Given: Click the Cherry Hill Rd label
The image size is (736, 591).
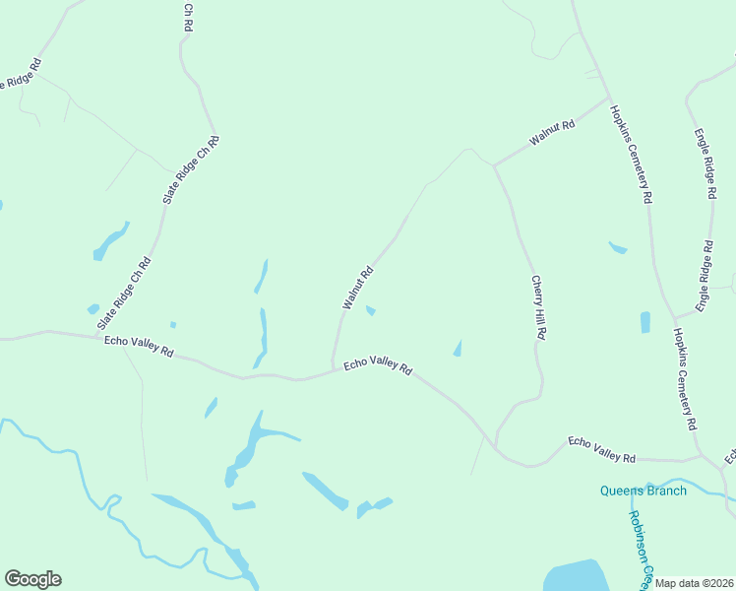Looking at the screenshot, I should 538,307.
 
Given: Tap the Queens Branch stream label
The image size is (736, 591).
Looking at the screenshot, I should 644,491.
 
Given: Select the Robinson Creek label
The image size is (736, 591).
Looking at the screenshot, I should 642,548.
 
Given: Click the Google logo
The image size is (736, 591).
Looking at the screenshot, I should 32,579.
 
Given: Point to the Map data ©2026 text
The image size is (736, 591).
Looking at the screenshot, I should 694,583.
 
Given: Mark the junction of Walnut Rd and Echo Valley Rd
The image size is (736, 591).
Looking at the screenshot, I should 332,371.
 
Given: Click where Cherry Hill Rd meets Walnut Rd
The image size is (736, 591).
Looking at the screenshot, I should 494,165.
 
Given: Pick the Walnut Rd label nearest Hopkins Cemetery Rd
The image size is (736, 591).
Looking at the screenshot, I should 551,131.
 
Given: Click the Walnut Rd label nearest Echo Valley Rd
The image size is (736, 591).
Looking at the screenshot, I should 357,288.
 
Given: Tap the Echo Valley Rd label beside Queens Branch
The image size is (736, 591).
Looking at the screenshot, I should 602,451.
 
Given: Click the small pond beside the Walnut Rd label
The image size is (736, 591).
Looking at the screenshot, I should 370,312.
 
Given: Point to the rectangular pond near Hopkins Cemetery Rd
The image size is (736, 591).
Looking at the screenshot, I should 645,322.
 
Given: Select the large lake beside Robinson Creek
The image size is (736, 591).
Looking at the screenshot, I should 577,575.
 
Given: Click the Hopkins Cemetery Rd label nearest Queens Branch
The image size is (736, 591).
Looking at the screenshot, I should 685,379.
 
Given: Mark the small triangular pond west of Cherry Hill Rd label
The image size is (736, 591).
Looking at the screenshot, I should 458,348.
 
